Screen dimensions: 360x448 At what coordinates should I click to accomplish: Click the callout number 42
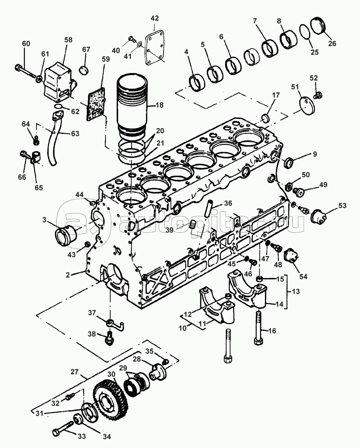click(x=154, y=18)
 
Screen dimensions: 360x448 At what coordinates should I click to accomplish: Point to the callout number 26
click(x=332, y=44)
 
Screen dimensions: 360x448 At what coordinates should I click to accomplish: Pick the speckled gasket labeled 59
click(x=96, y=104)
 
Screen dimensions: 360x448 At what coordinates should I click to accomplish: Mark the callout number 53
click(x=342, y=206)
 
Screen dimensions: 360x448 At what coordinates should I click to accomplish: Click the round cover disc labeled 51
click(x=307, y=106)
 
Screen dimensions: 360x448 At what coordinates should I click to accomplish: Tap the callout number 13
click(x=296, y=291)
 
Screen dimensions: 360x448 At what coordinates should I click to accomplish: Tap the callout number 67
click(x=86, y=49)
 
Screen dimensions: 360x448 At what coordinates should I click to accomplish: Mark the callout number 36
click(x=228, y=203)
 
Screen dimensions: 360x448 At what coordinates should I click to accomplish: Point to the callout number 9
click(x=315, y=154)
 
